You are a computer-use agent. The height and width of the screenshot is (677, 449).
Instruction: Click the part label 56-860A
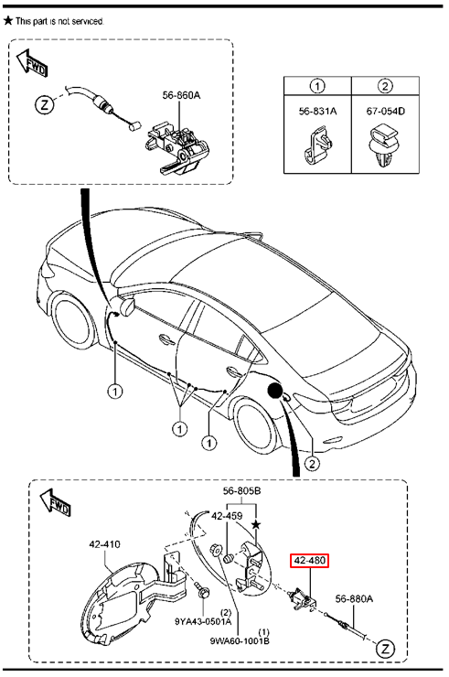[x=181, y=95]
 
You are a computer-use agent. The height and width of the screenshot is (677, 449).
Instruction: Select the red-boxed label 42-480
[x=310, y=561]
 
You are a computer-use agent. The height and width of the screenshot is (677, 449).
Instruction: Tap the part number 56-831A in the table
[x=317, y=112]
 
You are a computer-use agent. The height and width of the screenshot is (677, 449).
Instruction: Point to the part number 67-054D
[x=386, y=112]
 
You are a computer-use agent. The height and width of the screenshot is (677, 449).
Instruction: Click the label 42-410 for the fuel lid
[x=104, y=544]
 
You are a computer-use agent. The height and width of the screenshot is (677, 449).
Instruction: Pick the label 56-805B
[x=241, y=491]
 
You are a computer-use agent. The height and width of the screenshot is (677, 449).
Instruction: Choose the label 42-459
[x=227, y=516]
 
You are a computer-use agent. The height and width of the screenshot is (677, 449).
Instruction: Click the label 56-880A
[x=354, y=599]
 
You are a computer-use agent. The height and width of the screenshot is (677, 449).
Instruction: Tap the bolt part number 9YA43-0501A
[x=203, y=621]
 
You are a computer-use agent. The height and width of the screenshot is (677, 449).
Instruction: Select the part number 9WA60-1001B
[x=240, y=641]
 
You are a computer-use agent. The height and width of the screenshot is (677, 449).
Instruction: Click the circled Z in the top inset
[x=45, y=104]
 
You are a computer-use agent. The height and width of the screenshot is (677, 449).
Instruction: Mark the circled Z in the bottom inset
[x=385, y=648]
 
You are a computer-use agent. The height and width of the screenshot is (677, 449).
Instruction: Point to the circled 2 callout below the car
[x=312, y=463]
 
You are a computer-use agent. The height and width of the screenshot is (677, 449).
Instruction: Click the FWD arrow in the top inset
[x=32, y=63]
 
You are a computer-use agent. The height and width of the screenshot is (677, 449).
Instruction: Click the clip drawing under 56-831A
[x=318, y=145]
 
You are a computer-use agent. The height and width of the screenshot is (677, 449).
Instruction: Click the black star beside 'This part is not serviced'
[x=7, y=20]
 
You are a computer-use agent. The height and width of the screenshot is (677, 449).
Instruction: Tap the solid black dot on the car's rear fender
[x=275, y=392]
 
